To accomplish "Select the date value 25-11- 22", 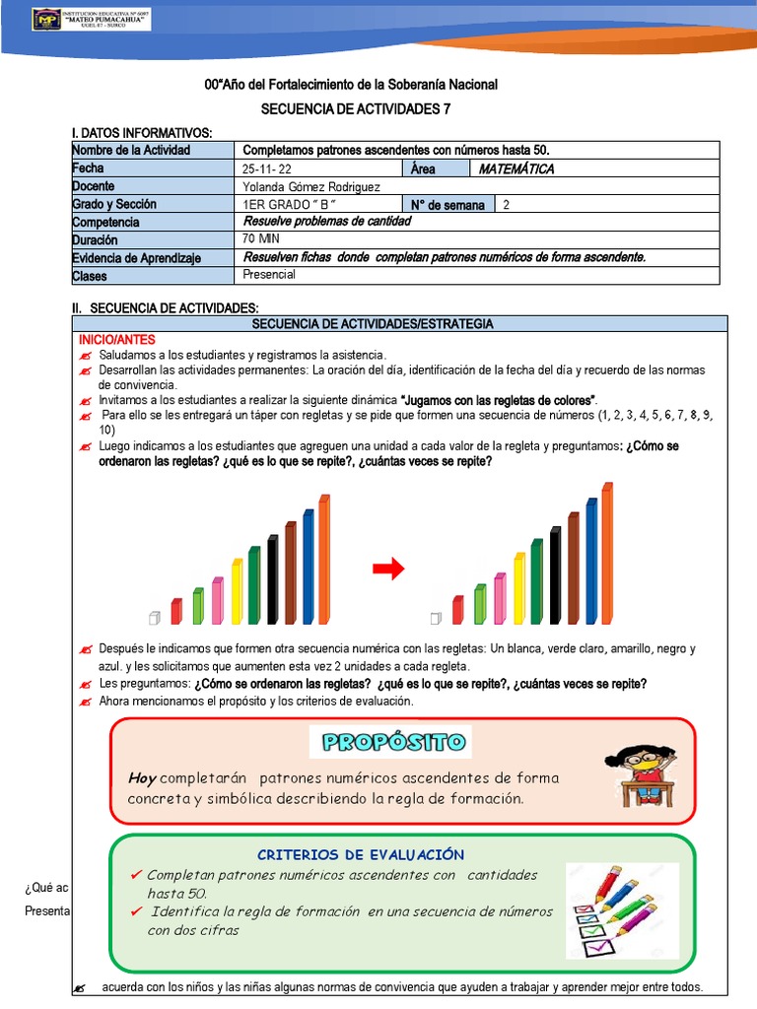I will pos(267,168).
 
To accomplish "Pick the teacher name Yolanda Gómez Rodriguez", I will pos(311,186).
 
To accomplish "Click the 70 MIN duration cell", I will pos(262,238).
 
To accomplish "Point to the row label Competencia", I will pos(105,222).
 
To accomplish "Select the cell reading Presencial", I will pos(269,275).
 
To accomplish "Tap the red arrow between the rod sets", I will pos(388,569).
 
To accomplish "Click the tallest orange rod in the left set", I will pos(324,559).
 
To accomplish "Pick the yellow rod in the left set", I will pos(237,591).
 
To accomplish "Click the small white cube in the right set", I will pos(436,618).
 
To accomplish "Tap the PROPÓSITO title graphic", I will pos(390,742).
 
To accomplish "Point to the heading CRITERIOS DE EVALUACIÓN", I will pos(360,854).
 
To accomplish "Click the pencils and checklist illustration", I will pos(621,910).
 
